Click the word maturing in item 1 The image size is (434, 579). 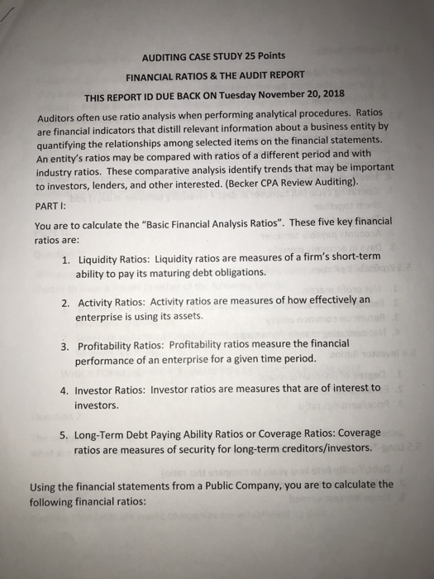point(187,272)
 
